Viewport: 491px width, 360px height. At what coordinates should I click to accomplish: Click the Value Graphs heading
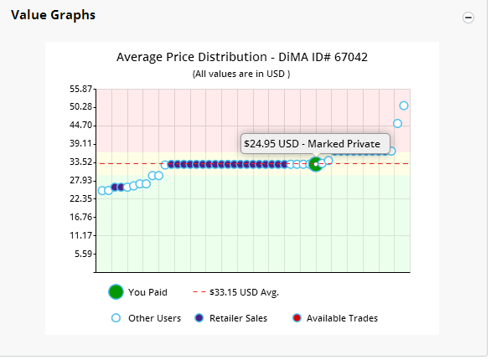tap(54, 15)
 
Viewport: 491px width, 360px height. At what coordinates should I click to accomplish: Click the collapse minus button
tap(468, 18)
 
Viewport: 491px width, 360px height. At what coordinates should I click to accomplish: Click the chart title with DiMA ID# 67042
tap(242, 57)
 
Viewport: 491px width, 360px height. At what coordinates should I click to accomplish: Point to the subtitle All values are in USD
tap(241, 74)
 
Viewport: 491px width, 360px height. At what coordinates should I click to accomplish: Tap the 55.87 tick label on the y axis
tap(80, 89)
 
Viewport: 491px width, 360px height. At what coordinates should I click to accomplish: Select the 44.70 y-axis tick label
tap(80, 125)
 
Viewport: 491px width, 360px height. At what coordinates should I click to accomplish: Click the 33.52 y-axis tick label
tap(80, 162)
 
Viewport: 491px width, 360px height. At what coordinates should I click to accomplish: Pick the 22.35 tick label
tap(80, 198)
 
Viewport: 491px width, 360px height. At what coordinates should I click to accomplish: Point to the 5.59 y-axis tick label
tap(83, 254)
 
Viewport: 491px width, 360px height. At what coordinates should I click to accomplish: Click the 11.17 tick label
tap(80, 235)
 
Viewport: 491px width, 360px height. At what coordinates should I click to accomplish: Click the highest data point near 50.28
tap(404, 105)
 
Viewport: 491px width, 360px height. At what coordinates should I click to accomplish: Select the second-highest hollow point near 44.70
tap(397, 124)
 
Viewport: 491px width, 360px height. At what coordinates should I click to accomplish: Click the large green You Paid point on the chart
tap(316, 164)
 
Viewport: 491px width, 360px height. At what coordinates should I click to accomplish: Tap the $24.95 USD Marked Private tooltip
tap(315, 143)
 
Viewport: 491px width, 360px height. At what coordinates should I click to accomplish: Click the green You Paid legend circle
tap(116, 292)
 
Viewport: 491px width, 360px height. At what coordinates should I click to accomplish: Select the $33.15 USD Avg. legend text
tap(244, 292)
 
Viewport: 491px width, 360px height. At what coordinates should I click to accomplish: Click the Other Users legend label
tap(154, 318)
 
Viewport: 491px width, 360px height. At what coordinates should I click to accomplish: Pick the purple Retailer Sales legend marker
tap(199, 318)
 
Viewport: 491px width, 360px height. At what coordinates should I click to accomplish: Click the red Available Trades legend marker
tap(297, 318)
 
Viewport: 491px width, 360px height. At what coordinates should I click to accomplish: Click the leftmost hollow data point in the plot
tap(102, 191)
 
